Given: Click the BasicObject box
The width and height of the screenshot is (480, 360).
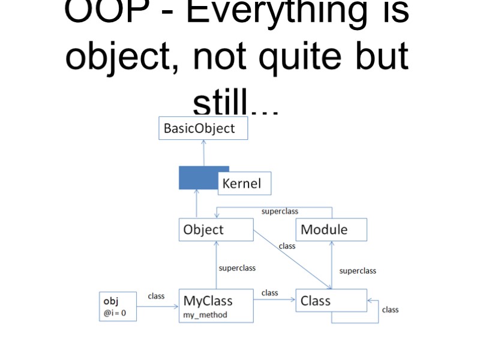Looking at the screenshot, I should pyautogui.click(x=203, y=128).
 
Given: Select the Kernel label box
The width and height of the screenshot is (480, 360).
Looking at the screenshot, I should pyautogui.click(x=244, y=184).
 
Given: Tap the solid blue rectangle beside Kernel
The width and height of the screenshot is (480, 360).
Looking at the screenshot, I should pyautogui.click(x=199, y=178).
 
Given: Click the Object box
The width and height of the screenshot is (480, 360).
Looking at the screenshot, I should pyautogui.click(x=216, y=230).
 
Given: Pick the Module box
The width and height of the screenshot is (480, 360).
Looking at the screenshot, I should pyautogui.click(x=331, y=230).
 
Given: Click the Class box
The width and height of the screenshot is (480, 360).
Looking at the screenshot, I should pyautogui.click(x=331, y=301).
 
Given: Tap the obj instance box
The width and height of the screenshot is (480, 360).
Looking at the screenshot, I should pyautogui.click(x=118, y=306).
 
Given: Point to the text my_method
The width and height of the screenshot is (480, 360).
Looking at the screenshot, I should pyautogui.click(x=205, y=315).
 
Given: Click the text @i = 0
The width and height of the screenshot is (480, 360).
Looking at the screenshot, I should pyautogui.click(x=115, y=313).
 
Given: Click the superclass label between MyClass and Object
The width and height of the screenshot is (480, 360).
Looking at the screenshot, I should pyautogui.click(x=237, y=268).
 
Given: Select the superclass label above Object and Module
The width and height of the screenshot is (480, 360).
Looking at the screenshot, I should pyautogui.click(x=280, y=211).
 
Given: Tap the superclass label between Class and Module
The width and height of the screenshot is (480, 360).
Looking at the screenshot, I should pyautogui.click(x=358, y=271).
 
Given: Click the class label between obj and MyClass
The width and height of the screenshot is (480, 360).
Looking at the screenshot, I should pyautogui.click(x=156, y=296).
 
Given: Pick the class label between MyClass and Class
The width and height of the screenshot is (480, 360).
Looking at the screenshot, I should pyautogui.click(x=270, y=293).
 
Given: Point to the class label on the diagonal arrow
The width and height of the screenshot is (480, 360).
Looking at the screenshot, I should pyautogui.click(x=287, y=246).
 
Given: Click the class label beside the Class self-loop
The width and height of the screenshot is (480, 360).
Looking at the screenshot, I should pyautogui.click(x=390, y=310).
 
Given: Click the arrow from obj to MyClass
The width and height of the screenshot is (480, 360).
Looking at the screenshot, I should pyautogui.click(x=157, y=307).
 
